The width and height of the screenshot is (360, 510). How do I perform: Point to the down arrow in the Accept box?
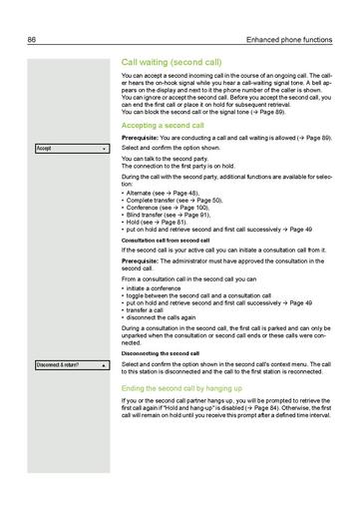(x=104, y=148)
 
